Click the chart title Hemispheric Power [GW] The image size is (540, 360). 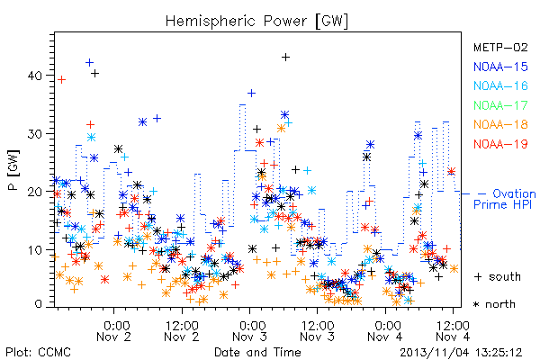click(x=256, y=22)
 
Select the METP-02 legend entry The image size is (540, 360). click(x=500, y=47)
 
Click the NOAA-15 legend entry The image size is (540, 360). click(x=500, y=67)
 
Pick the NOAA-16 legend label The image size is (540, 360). click(x=500, y=85)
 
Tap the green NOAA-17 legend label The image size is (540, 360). click(x=500, y=105)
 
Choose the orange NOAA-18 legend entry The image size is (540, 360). click(x=500, y=124)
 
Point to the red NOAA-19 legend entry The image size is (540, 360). click(x=500, y=144)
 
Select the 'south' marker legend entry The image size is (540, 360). click(x=498, y=276)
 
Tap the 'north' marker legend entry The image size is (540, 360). click(x=494, y=304)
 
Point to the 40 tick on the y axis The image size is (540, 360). click(x=35, y=76)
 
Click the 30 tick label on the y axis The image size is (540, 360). click(x=35, y=134)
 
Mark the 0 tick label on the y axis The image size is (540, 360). click(x=39, y=304)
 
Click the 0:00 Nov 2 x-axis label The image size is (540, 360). click(x=114, y=331)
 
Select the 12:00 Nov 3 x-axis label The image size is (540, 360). click(x=317, y=331)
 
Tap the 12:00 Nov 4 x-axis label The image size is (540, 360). click(x=453, y=331)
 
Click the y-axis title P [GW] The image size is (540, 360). click(x=13, y=170)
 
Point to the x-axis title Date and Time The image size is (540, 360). click(x=257, y=353)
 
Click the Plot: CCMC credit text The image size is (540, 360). click(x=38, y=353)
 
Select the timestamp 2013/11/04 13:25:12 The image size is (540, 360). click(x=461, y=353)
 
